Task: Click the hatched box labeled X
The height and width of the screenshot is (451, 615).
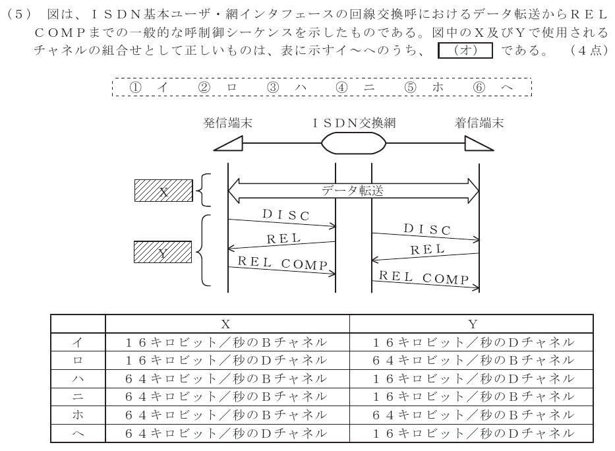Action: pos(163,191)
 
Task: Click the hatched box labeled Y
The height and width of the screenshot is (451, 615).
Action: pos(163,252)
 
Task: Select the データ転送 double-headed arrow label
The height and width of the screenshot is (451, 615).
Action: pos(352,191)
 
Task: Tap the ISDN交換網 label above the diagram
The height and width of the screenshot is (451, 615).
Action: pos(354,123)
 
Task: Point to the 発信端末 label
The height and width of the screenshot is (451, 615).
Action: pos(227,123)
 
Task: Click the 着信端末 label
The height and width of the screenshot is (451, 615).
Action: pos(479,123)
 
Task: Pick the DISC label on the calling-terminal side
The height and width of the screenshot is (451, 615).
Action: pos(286,215)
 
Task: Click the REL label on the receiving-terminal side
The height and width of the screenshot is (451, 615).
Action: pos(428,249)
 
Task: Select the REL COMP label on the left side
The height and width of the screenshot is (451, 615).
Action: pos(282,263)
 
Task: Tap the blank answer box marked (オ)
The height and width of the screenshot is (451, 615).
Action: pos(465,50)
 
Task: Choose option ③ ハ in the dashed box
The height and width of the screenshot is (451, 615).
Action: pos(287,87)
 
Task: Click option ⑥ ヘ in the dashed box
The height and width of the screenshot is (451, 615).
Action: pos(493,87)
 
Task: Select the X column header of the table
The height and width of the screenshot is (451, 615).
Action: pos(225,324)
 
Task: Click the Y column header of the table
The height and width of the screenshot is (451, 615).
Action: pos(473,324)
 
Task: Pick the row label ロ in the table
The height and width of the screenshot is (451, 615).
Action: pos(78,360)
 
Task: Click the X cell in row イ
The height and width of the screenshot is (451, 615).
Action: pos(226,342)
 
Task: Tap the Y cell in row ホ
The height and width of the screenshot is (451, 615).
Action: pos(473,415)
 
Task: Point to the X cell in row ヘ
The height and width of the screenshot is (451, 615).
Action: pos(226,433)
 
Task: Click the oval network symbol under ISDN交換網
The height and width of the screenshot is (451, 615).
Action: pos(353,143)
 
